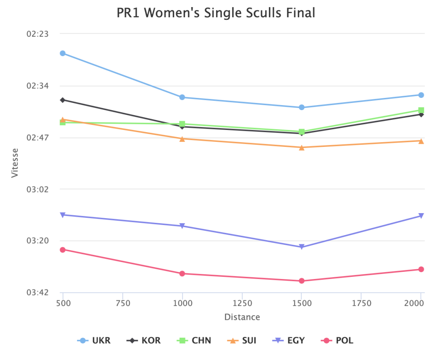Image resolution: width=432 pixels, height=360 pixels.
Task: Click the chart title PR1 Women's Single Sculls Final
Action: click(216, 13)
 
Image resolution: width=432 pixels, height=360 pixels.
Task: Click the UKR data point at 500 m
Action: click(62, 53)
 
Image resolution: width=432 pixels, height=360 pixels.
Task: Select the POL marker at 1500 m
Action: click(302, 281)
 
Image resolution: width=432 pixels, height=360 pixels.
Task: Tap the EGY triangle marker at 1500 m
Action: click(302, 247)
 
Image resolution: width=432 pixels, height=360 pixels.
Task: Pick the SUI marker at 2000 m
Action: click(421, 141)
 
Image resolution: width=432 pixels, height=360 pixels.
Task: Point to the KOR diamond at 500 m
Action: click(62, 100)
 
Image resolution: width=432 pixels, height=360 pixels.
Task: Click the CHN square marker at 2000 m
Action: click(421, 110)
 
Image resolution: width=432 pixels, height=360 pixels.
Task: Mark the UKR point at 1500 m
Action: click(302, 107)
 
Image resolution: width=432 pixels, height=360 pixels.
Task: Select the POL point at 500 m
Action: click(62, 249)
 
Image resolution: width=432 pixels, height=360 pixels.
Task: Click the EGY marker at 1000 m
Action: click(182, 226)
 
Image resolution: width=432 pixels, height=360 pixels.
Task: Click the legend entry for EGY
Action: click(291, 340)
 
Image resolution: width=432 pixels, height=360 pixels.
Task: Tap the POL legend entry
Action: click(337, 340)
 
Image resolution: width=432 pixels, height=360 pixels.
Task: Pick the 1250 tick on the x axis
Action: click(242, 303)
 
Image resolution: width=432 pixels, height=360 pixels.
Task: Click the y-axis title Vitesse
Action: click(15, 162)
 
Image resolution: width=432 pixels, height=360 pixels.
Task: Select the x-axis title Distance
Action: click(242, 317)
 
